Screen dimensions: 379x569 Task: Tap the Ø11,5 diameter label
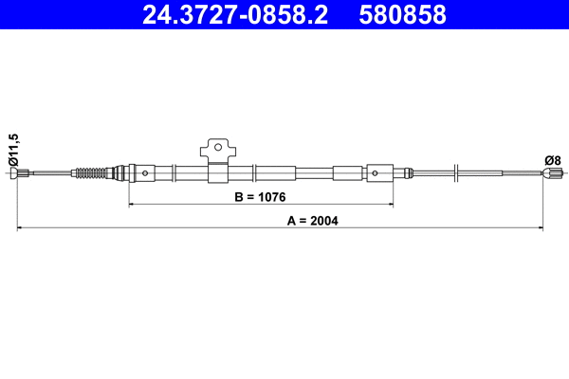tap(12, 151)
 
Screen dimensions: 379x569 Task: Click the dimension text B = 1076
tap(260, 197)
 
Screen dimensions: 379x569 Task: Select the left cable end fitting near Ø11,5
tap(25, 172)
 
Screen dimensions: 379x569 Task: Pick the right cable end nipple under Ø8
tap(552, 172)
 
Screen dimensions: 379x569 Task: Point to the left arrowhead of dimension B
tap(131, 204)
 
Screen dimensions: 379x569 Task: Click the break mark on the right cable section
tap(456, 172)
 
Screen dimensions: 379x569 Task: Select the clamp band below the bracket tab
tap(216, 173)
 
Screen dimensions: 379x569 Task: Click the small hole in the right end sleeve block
tap(376, 172)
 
